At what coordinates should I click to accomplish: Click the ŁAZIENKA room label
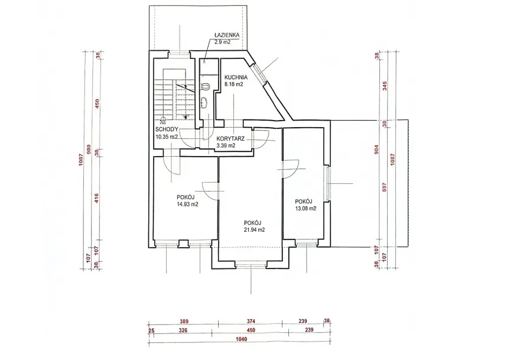226,35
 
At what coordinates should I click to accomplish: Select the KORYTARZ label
230,139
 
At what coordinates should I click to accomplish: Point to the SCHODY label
167,129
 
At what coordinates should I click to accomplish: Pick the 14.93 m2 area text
187,205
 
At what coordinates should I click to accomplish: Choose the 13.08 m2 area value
305,209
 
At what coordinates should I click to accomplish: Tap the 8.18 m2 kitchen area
234,85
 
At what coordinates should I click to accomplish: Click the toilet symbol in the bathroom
205,86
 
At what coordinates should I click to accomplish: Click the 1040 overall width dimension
242,339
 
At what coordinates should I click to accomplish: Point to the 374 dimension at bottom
251,321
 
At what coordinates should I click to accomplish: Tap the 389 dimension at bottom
184,321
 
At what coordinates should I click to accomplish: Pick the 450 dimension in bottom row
251,330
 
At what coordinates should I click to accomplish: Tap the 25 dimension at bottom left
152,330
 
